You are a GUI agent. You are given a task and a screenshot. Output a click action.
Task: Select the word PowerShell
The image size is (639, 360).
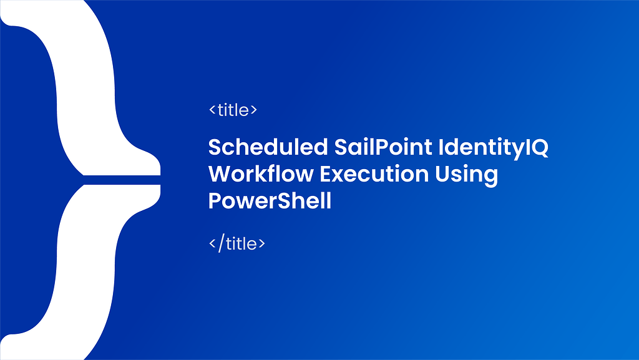click(x=270, y=202)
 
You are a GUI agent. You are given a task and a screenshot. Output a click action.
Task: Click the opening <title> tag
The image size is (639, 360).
click(x=233, y=110)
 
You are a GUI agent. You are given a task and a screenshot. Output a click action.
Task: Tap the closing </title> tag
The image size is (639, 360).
click(x=237, y=243)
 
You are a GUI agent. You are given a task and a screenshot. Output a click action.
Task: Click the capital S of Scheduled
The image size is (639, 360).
click(x=215, y=147)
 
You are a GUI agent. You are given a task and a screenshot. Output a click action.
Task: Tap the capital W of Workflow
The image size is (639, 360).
click(x=219, y=174)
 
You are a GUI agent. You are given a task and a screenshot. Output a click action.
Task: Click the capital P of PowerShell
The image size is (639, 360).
click(x=214, y=201)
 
